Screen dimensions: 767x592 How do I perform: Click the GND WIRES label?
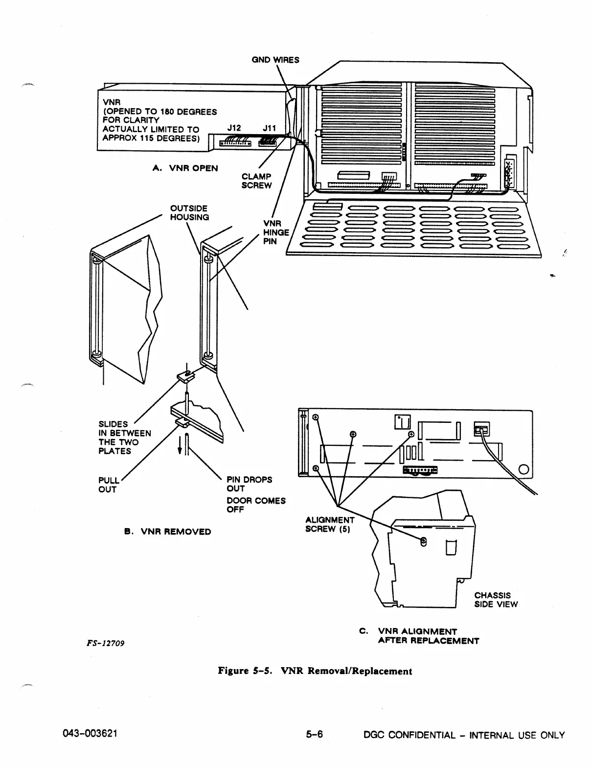(275, 60)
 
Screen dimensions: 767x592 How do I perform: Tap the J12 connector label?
(234, 128)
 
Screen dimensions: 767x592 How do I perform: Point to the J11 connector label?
(269, 128)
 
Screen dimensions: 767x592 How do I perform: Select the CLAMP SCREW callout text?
(256, 181)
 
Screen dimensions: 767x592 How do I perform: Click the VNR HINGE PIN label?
(276, 232)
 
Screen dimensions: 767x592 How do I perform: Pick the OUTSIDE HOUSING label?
(189, 213)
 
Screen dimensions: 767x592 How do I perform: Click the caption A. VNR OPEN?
(185, 168)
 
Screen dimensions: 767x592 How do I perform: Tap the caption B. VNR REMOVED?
(167, 532)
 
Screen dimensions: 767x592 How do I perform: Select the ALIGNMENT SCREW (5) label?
(329, 524)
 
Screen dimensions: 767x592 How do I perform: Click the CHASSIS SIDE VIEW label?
(496, 600)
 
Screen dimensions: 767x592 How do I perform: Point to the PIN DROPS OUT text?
(249, 484)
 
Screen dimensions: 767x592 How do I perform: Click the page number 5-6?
(314, 735)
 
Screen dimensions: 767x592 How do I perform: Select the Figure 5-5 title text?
(315, 671)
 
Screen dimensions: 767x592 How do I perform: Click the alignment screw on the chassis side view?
(424, 541)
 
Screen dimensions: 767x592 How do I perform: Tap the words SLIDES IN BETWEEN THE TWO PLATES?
(124, 438)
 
